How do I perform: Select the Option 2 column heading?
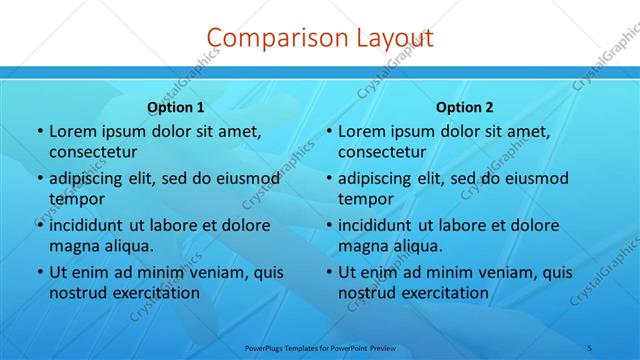point(464,107)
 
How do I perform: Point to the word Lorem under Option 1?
point(71,131)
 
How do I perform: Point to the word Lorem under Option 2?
point(360,131)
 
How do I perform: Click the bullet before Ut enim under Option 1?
point(39,273)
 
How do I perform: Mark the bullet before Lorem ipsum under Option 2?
point(328,132)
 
